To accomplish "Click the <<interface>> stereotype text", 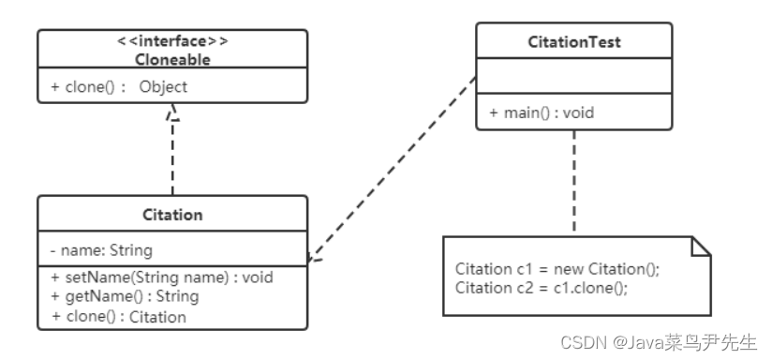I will [x=171, y=42].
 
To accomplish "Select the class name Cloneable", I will [x=171, y=58].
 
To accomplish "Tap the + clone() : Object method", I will [x=119, y=86].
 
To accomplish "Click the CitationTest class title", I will [x=573, y=42].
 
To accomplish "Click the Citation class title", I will [x=171, y=214].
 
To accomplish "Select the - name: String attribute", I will [x=101, y=250].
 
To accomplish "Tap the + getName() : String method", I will [x=125, y=296].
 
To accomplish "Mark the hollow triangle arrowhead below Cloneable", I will [x=172, y=112].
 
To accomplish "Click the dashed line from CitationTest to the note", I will [x=573, y=183].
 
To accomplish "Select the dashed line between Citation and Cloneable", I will [x=172, y=159].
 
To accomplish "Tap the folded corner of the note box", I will [x=702, y=246].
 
